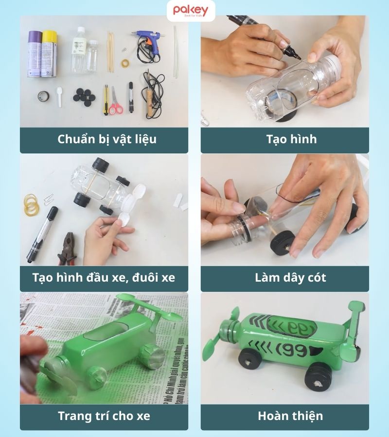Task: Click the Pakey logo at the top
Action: pos(191,11)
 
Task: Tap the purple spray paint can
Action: pos(35,53)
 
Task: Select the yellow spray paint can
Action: pos(49,53)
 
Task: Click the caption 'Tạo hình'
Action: pos(284,139)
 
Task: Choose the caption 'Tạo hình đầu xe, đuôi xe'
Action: pos(104,278)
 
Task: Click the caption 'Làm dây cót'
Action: pos(284,278)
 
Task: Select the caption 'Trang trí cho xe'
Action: pos(104,416)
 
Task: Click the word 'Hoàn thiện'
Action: pos(284,416)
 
